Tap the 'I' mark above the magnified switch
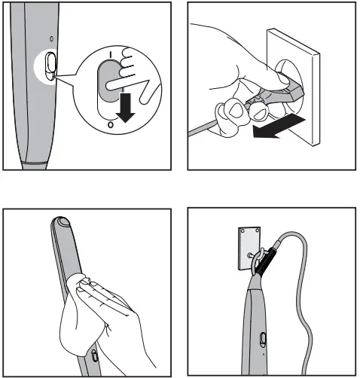110,54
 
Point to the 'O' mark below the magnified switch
111,126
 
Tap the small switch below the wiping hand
92,356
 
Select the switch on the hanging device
262,341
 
